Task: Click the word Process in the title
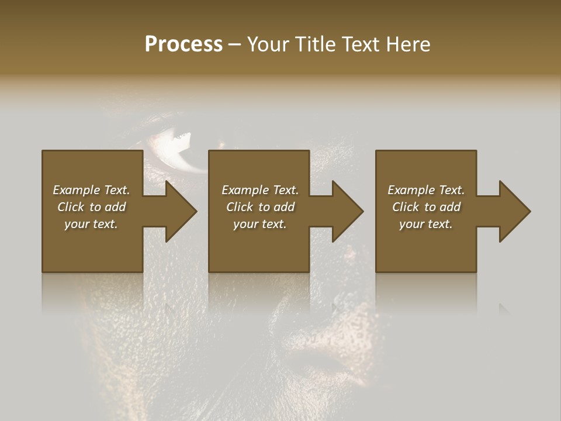pyautogui.click(x=183, y=44)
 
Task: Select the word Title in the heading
pyautogui.click(x=315, y=44)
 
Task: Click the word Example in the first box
pyautogui.click(x=76, y=190)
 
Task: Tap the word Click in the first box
pyautogui.click(x=70, y=207)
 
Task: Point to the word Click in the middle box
pyautogui.click(x=239, y=207)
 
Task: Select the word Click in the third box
pyautogui.click(x=405, y=207)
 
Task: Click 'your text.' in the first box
pyautogui.click(x=91, y=224)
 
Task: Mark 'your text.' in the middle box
pyautogui.click(x=259, y=224)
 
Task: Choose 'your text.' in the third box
pyautogui.click(x=426, y=224)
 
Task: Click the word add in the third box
pyautogui.click(x=449, y=207)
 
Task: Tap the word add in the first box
pyautogui.click(x=115, y=207)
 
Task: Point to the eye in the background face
pyautogui.click(x=175, y=146)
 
